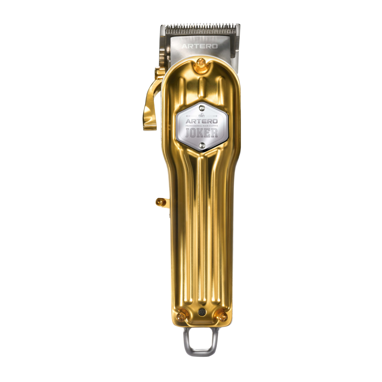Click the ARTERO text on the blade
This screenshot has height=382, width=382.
[x=200, y=46]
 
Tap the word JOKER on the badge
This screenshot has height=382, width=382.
[x=202, y=133]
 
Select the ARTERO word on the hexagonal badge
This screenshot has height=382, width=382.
[x=202, y=121]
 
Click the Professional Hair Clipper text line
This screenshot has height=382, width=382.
[x=202, y=126]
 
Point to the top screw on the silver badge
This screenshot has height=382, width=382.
[x=202, y=108]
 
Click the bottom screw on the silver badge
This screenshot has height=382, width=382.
[x=202, y=145]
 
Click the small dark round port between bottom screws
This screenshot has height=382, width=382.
[x=202, y=312]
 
